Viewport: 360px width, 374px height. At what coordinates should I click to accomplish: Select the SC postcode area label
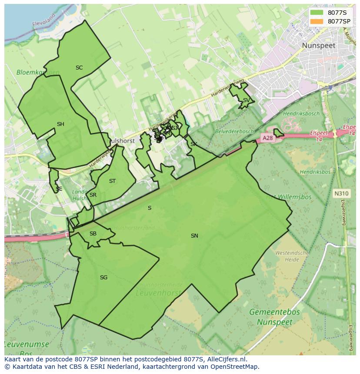(x=79, y=68)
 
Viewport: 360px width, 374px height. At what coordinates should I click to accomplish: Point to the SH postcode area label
(x=60, y=124)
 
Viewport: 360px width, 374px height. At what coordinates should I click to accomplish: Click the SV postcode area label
(x=246, y=100)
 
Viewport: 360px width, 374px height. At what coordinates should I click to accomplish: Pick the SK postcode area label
(x=193, y=144)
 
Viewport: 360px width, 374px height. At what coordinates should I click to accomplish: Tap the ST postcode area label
(x=112, y=181)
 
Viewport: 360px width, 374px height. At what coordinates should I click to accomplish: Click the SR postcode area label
(x=93, y=195)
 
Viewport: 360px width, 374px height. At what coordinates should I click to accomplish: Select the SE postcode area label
(x=59, y=189)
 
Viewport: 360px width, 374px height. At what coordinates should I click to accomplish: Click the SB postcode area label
(x=93, y=234)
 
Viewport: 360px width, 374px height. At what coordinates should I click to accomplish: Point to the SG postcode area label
(x=103, y=278)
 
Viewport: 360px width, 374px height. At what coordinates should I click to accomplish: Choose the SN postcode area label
(x=194, y=236)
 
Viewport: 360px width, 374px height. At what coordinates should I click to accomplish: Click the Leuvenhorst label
(x=158, y=293)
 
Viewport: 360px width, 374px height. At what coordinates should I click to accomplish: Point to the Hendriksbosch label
(x=301, y=114)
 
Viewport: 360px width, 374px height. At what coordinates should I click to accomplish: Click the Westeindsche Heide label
(x=292, y=256)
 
